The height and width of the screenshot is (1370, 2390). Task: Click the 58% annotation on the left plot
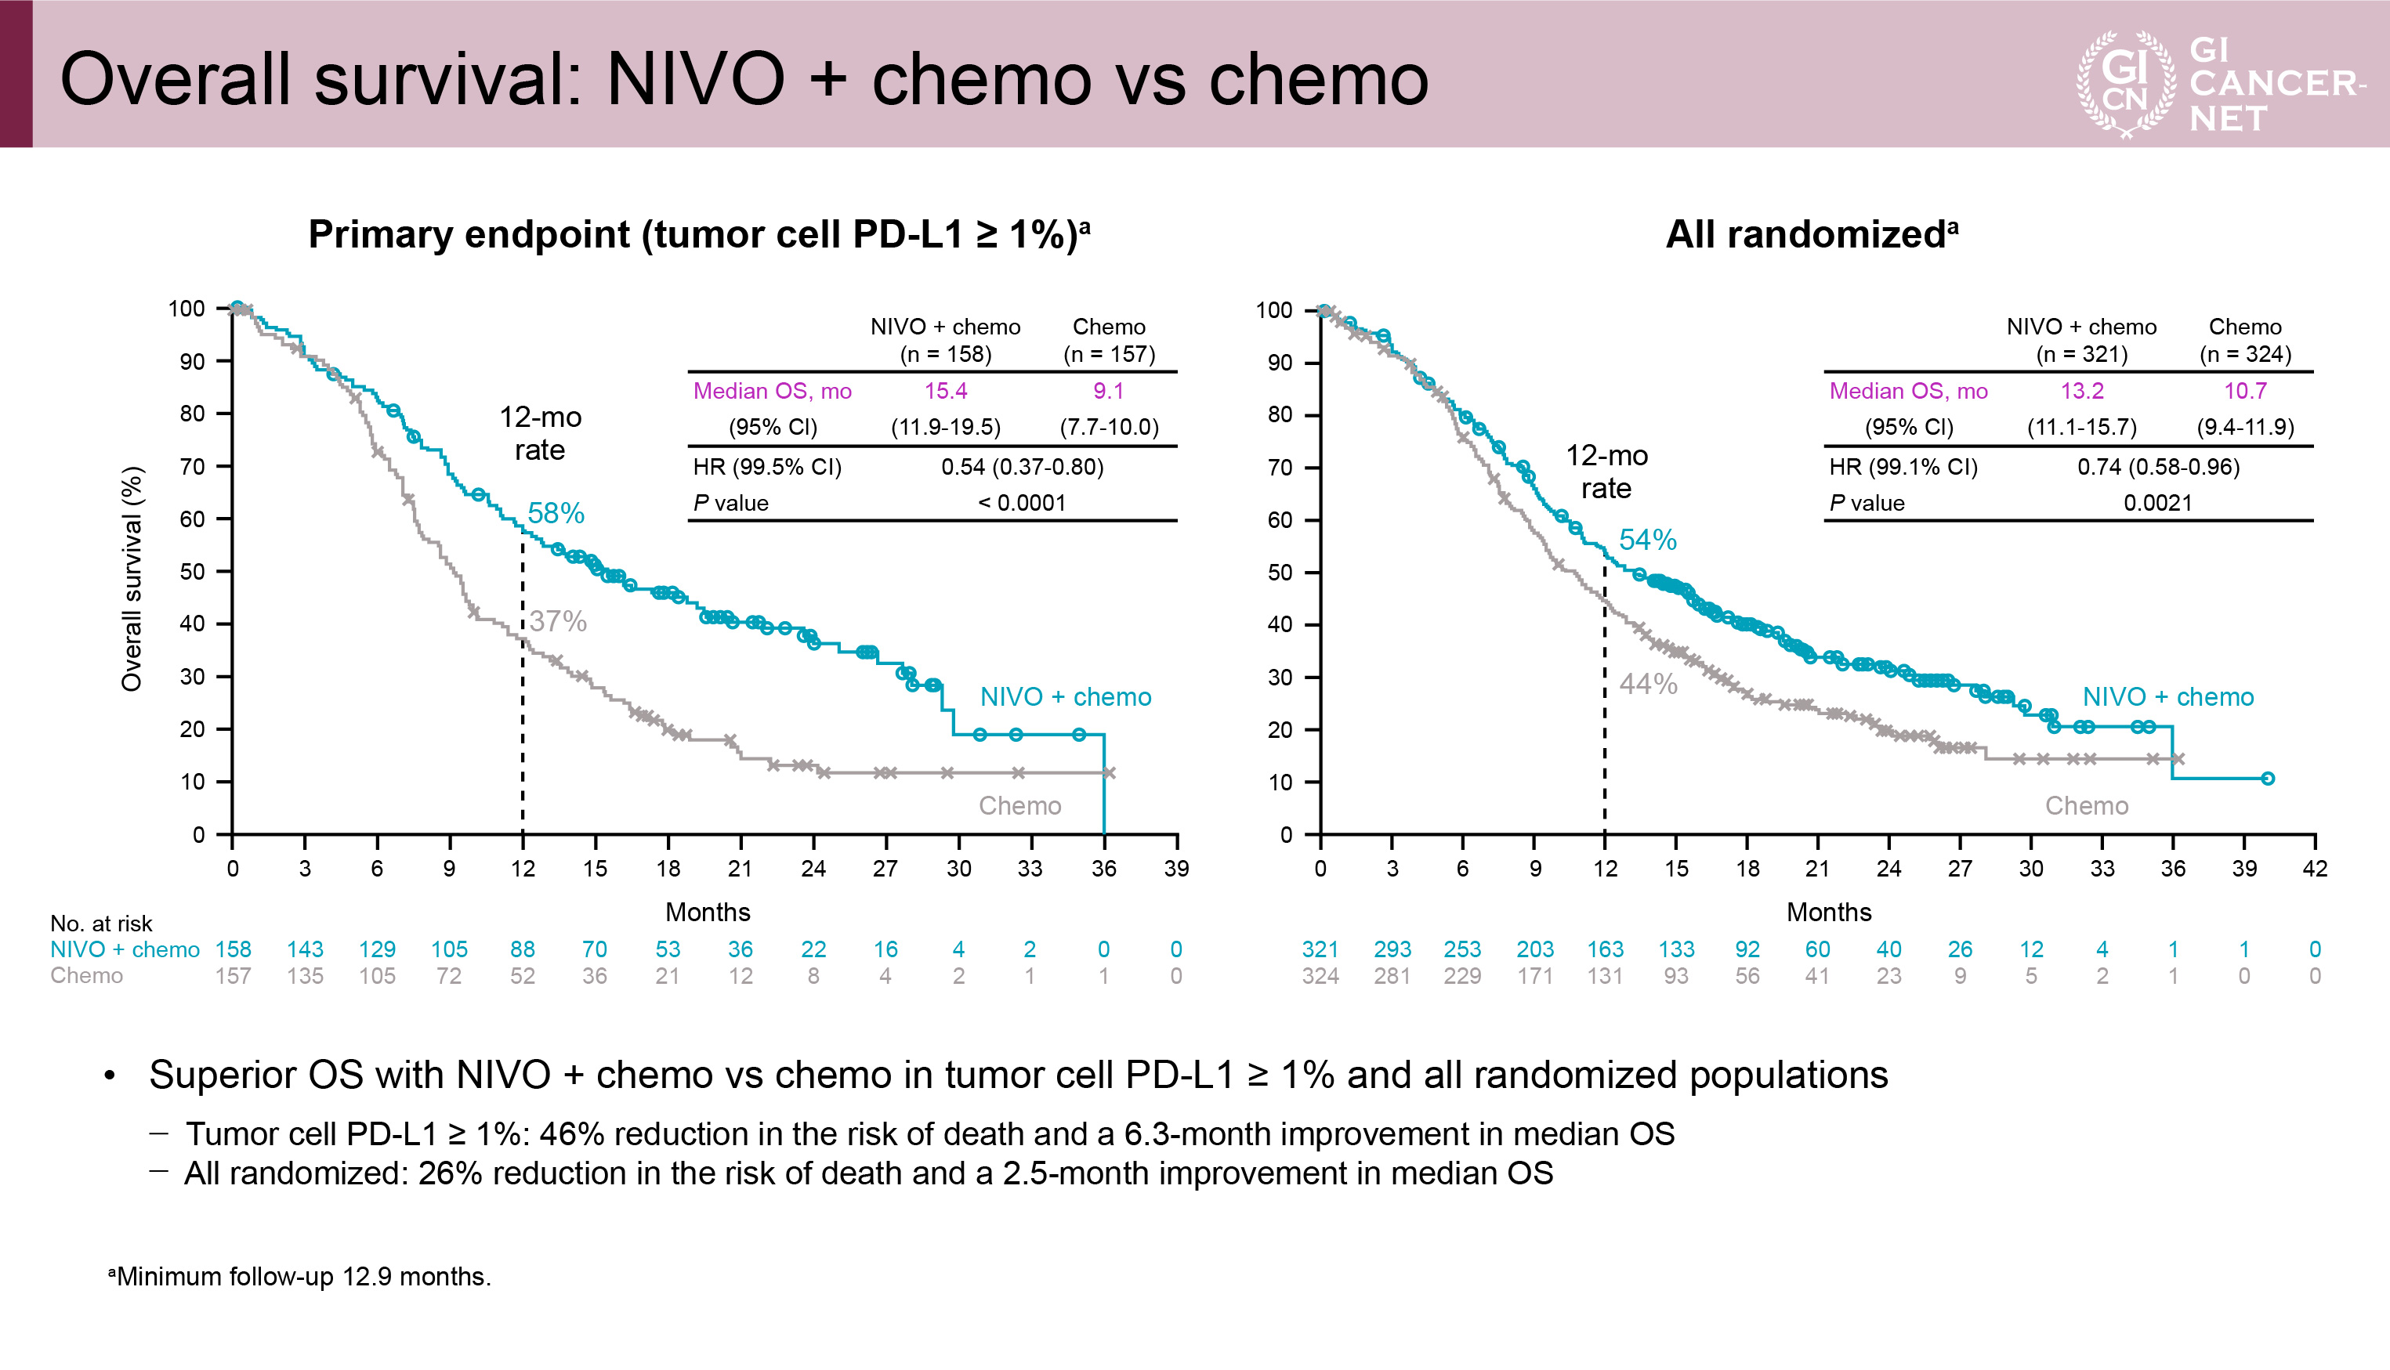point(556,514)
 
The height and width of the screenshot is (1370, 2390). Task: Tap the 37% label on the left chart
point(557,621)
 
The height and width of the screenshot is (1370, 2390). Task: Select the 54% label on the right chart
point(1647,540)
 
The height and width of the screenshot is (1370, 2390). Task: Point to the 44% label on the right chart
point(1647,684)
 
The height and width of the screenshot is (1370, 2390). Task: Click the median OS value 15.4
point(945,391)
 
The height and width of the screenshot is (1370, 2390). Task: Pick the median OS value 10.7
point(2244,391)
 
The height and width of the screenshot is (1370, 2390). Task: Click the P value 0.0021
point(2156,502)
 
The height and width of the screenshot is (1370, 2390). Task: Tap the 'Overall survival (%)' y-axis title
point(132,579)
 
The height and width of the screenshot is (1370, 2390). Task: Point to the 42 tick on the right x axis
point(2314,869)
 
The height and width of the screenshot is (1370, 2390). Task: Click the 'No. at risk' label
point(101,923)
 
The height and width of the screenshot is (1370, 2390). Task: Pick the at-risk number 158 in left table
point(233,949)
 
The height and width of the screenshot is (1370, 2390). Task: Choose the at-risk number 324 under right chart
point(1320,976)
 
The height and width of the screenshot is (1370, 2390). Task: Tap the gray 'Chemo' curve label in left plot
point(1019,805)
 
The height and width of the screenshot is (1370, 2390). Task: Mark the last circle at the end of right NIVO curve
point(2267,778)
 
